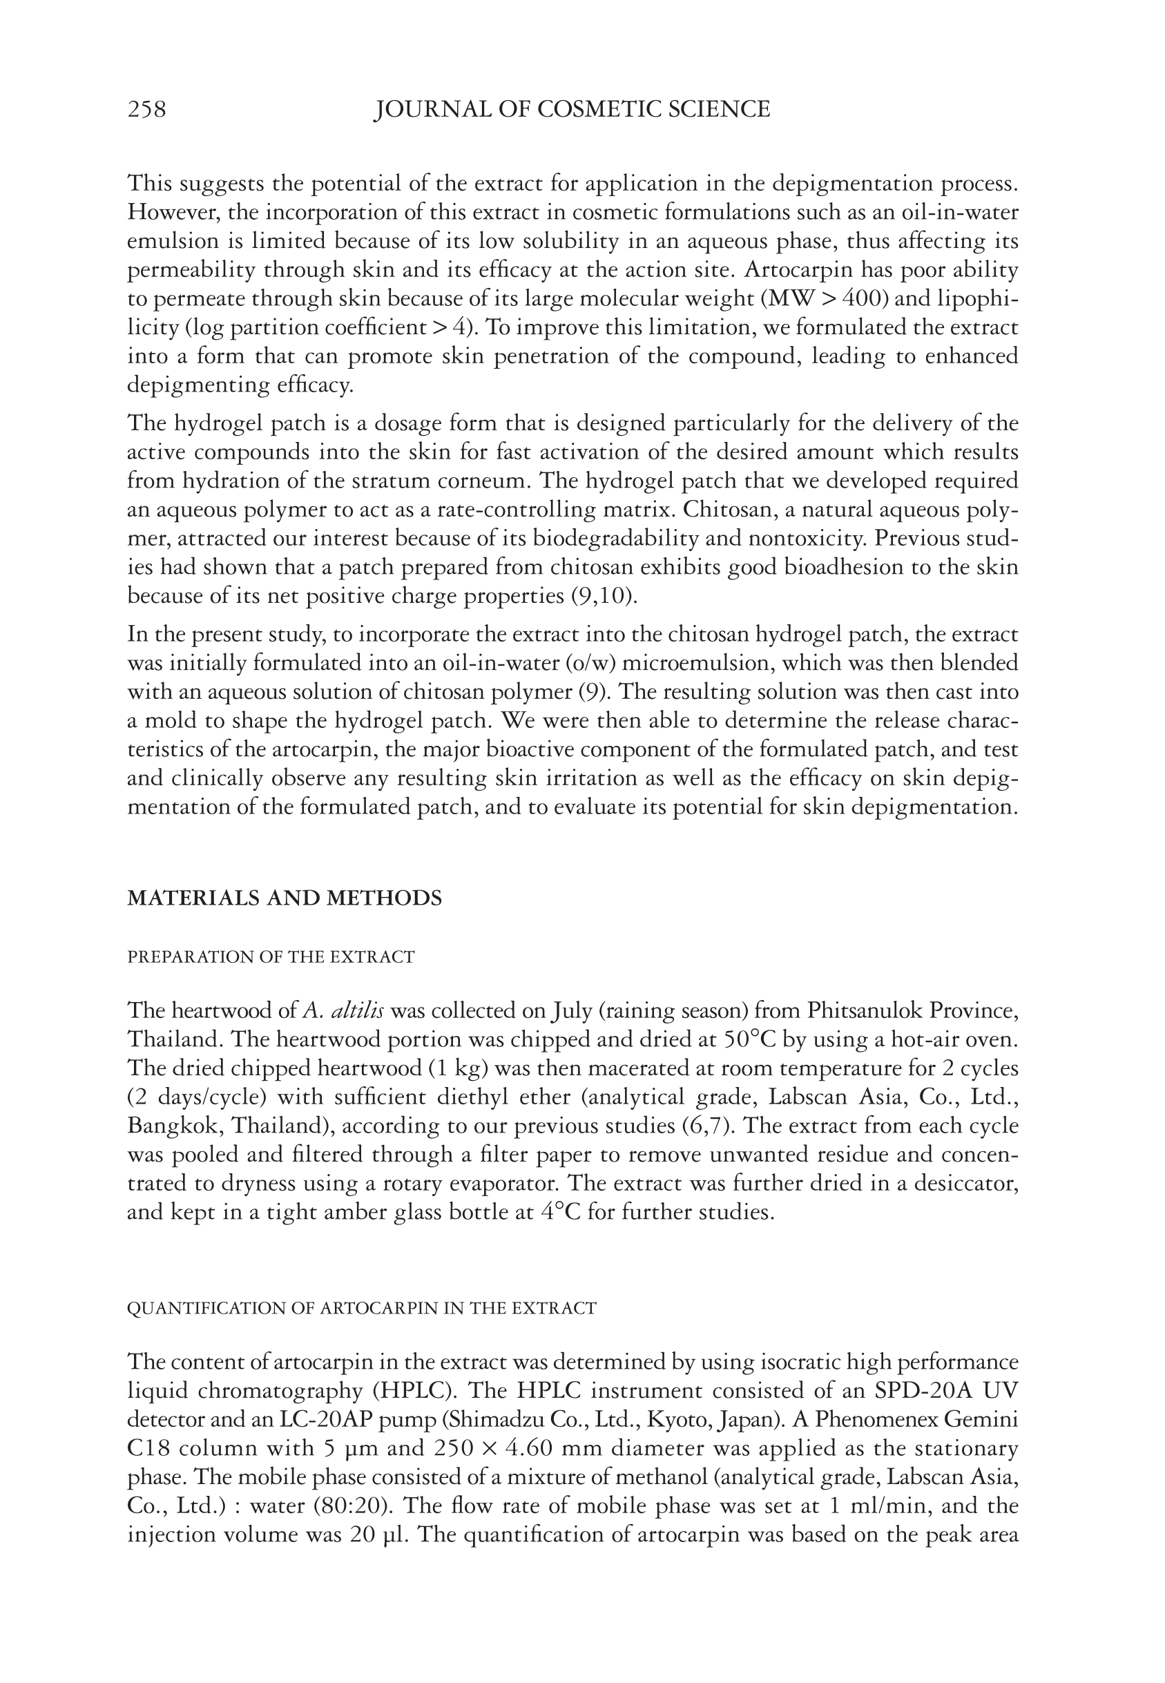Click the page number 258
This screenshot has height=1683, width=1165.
tap(146, 110)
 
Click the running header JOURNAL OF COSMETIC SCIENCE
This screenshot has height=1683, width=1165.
tap(572, 110)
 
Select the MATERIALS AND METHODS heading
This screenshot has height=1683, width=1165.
tap(285, 898)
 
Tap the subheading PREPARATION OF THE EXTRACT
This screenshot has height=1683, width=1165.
tap(271, 956)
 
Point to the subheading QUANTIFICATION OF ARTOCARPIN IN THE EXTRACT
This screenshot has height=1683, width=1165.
tap(361, 1308)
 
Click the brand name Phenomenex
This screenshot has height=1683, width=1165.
tap(874, 1419)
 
